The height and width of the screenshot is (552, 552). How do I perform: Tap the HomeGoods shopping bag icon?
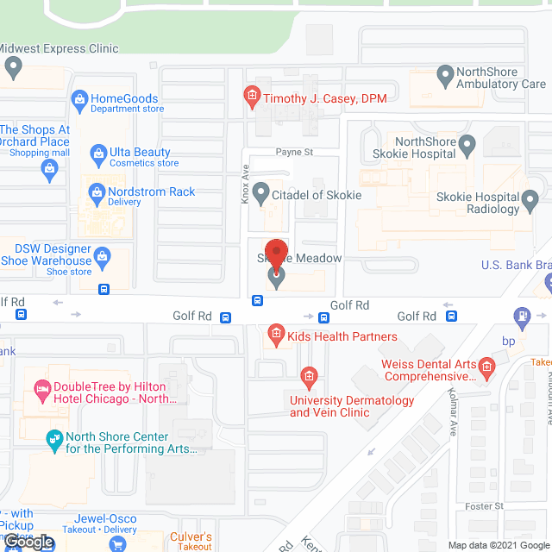tap(79, 99)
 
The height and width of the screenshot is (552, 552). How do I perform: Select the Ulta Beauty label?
tap(140, 153)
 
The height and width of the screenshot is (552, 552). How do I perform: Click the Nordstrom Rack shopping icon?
tap(96, 191)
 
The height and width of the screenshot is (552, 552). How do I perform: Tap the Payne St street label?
tap(294, 152)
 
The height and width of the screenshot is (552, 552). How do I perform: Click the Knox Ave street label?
tap(245, 184)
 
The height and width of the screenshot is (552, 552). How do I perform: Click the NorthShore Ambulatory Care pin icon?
tap(445, 77)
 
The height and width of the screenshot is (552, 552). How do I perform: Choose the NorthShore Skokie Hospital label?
tap(424, 147)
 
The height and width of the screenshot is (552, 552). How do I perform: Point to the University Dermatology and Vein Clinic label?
tap(352, 406)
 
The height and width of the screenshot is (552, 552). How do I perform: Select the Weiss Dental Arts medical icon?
tap(487, 369)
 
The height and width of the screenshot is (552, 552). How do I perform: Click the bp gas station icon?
tap(522, 317)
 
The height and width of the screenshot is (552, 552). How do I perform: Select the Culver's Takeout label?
tap(191, 542)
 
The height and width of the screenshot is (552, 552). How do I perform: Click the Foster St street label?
tap(485, 506)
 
